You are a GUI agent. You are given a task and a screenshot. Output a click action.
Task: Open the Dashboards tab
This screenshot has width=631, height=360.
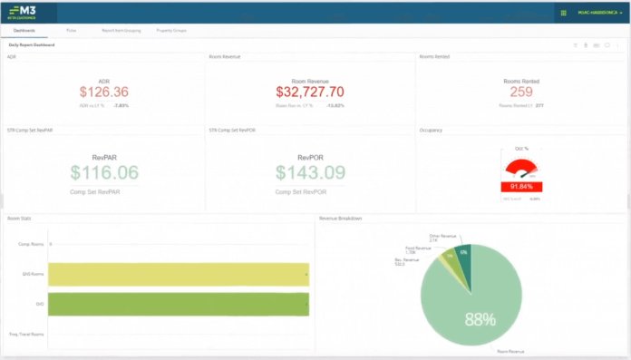point(24,30)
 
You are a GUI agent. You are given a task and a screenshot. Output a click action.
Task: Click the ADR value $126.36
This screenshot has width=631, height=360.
point(103,92)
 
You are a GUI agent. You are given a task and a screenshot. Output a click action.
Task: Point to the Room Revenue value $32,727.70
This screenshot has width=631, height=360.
point(310,92)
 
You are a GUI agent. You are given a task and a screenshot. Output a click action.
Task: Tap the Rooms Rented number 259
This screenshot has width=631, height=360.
point(520,92)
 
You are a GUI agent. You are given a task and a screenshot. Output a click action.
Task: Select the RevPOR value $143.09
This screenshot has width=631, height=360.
point(311,173)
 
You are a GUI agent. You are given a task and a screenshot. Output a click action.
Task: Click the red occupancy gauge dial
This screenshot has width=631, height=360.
point(521,168)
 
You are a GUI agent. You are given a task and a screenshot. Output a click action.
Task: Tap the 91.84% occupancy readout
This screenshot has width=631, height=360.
point(521,186)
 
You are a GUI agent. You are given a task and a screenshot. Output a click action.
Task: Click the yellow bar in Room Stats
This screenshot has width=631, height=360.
point(179,273)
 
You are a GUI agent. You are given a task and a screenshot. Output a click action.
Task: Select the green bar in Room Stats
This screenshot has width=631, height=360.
point(179,304)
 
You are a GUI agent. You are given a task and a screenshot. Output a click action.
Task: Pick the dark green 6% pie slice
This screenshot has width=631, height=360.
point(463,255)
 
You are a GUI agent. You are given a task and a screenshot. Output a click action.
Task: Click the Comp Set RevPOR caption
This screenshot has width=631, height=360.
point(310,192)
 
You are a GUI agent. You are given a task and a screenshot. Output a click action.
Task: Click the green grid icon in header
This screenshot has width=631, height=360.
point(564,13)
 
